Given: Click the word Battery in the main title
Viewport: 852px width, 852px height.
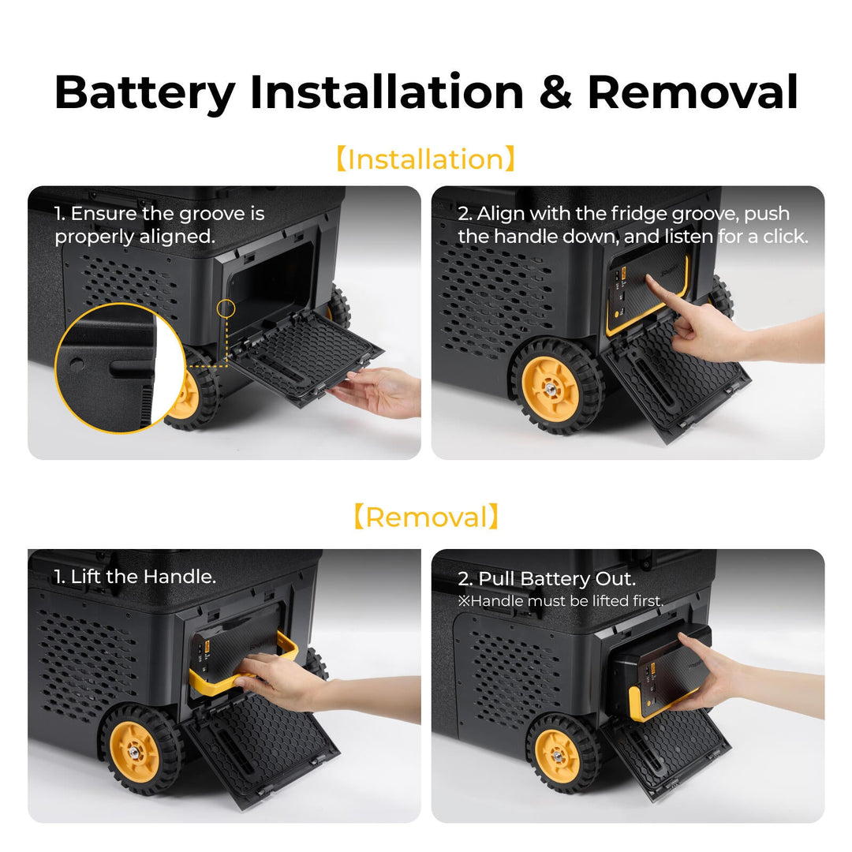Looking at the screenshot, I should click(x=144, y=92).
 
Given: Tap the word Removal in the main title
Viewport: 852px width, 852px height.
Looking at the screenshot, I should click(x=693, y=92).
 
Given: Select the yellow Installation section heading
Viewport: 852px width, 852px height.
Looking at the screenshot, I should click(x=425, y=159).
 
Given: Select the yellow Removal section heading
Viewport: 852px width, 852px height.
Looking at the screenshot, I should click(x=425, y=518).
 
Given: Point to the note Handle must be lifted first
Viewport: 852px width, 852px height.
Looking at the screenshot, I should click(x=561, y=601).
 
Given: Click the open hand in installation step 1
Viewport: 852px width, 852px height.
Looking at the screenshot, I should click(x=379, y=390).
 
